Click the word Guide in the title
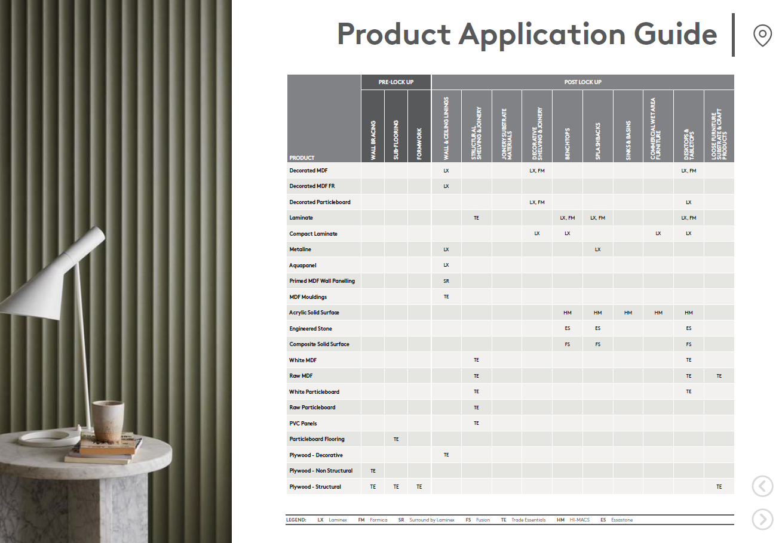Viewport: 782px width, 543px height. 675,34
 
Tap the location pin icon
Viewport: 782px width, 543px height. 762,35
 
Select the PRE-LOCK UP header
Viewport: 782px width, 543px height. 396,82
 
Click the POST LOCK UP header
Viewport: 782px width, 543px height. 582,82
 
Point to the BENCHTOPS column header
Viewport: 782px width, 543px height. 568,144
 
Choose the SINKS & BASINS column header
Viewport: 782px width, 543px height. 628,141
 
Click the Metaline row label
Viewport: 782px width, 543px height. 300,249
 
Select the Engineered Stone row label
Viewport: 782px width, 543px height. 311,329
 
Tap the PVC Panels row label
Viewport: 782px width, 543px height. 303,424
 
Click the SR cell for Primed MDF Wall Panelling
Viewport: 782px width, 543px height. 446,281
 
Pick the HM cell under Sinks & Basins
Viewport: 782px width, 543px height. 628,313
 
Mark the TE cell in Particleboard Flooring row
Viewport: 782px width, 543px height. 396,439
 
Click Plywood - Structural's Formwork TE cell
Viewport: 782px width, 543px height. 419,486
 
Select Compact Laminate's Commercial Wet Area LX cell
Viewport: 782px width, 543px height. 658,233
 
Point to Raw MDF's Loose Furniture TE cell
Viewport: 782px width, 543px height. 719,376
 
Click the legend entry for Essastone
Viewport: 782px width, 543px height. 617,520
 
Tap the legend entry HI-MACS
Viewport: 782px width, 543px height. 573,520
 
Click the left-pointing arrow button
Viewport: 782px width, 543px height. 762,486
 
